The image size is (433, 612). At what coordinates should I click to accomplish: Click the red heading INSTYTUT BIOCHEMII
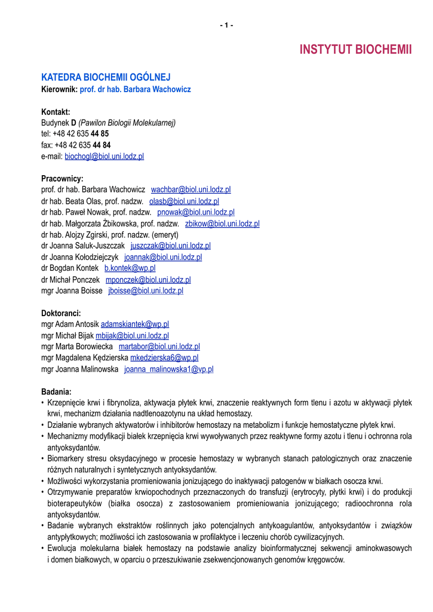tap(356, 50)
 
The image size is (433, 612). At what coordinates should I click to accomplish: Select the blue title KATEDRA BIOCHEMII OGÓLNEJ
tap(106, 77)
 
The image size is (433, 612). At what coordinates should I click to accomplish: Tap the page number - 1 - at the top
tap(226, 25)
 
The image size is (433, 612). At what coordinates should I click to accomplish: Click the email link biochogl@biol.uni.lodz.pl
tap(104, 157)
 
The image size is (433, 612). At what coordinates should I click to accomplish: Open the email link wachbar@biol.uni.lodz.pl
tap(191, 189)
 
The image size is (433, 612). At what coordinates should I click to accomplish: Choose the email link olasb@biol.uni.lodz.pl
tap(184, 201)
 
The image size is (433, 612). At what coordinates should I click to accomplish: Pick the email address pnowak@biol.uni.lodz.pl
tap(196, 212)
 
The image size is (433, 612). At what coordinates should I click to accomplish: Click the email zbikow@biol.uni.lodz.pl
tap(222, 224)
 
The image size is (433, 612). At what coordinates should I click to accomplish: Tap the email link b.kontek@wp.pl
tap(130, 268)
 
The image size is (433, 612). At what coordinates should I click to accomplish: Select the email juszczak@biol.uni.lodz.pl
tap(170, 246)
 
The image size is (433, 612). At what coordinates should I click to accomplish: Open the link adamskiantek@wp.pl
tap(135, 324)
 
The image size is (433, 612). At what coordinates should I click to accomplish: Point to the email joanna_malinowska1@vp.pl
tap(168, 369)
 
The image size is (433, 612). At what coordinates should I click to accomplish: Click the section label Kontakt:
tap(56, 112)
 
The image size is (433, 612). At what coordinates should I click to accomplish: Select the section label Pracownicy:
tap(62, 179)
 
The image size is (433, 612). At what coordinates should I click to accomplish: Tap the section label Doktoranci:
tap(61, 313)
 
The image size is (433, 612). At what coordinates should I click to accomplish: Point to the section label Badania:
tap(56, 391)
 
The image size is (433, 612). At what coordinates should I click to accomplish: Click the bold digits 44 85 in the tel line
tap(100, 134)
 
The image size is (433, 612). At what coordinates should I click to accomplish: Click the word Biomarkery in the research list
tap(67, 458)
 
